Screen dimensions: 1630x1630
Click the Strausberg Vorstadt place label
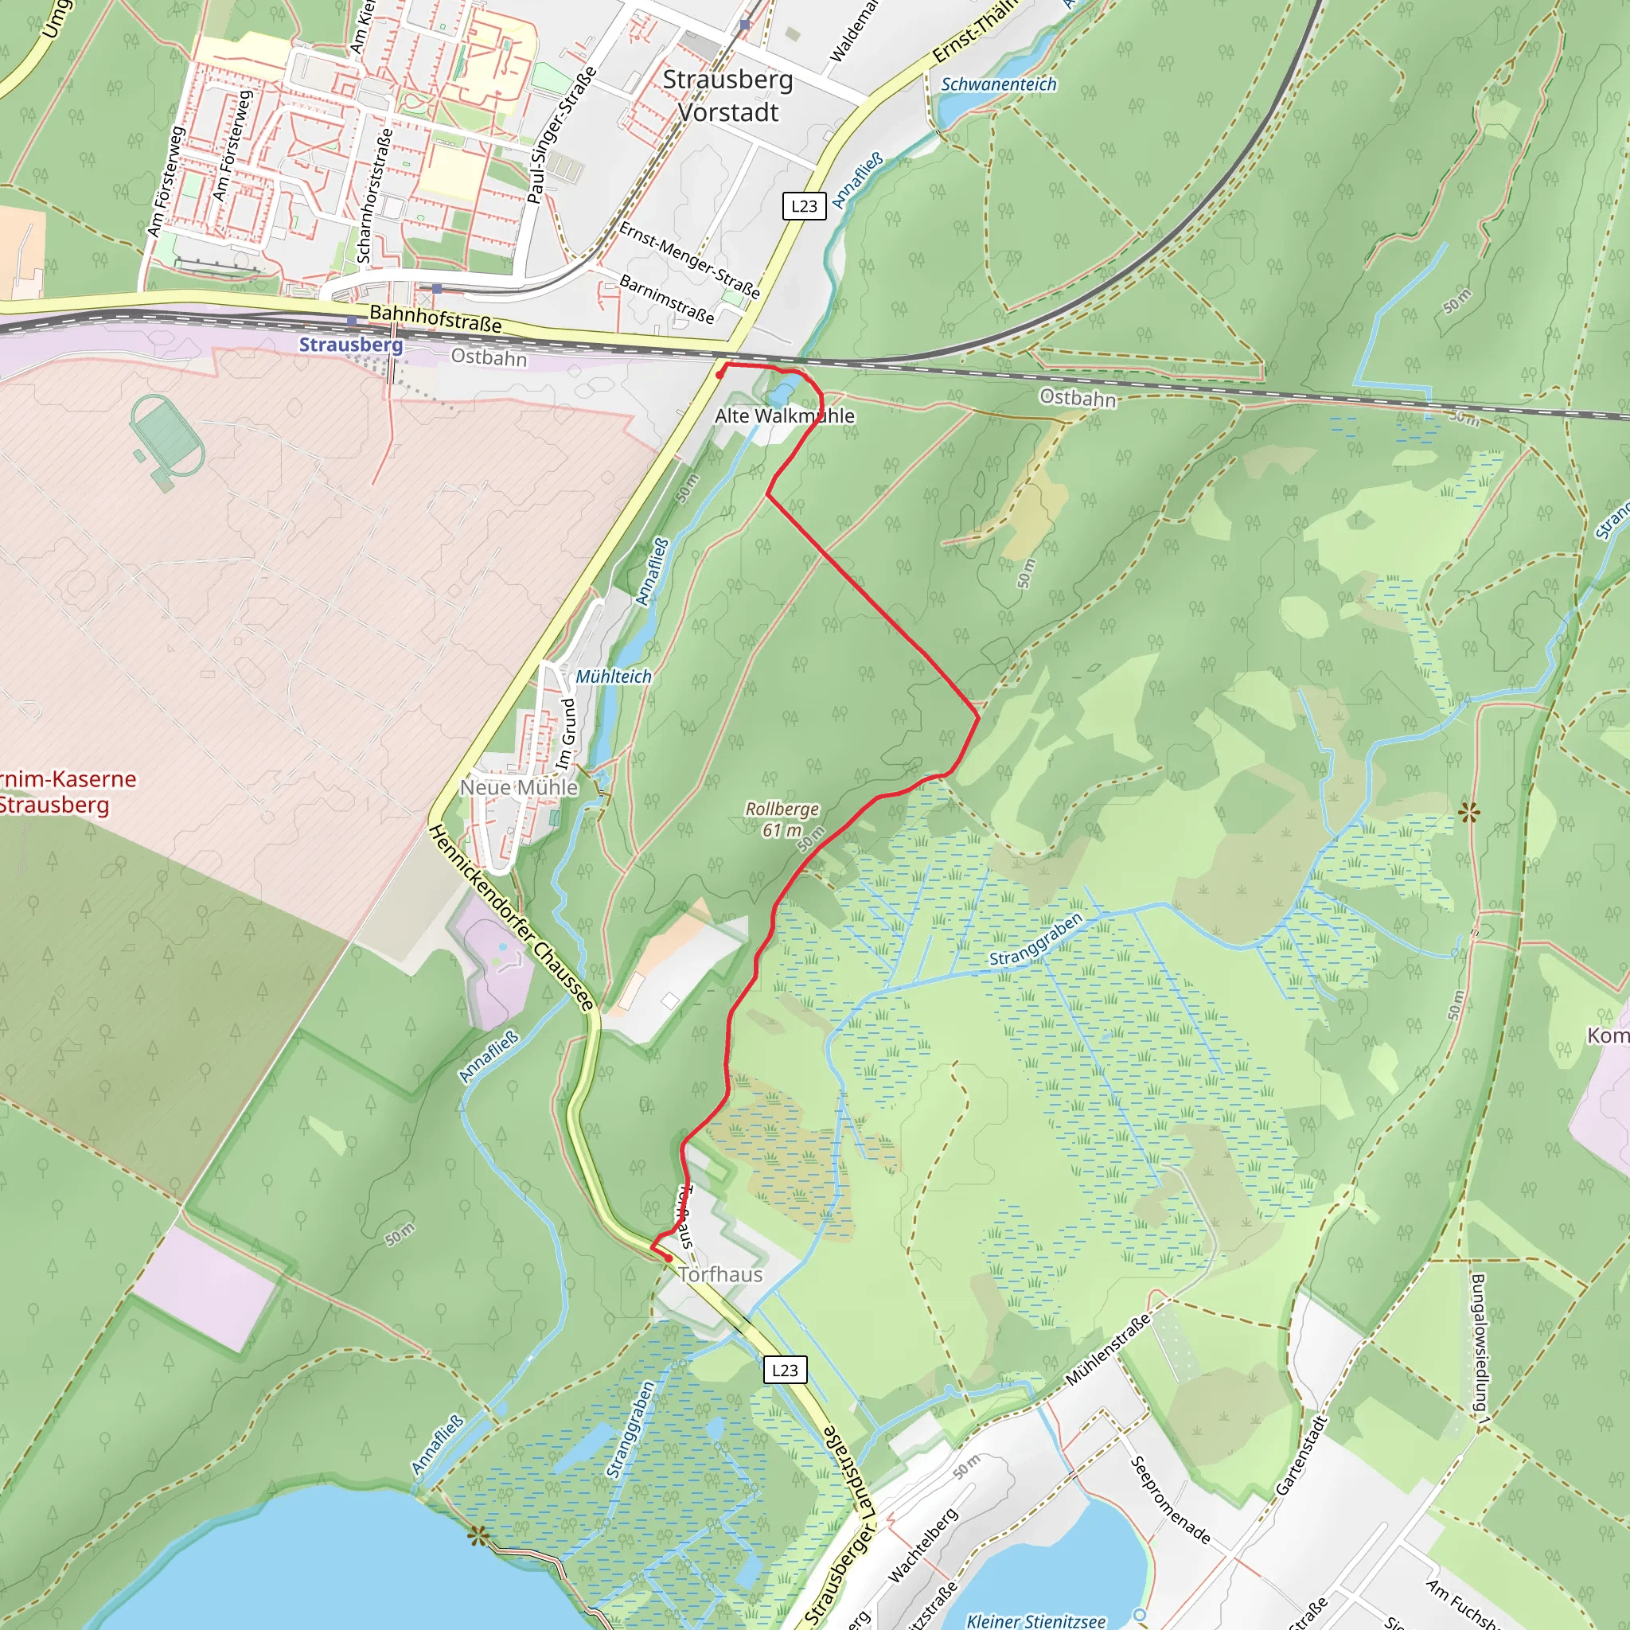click(728, 96)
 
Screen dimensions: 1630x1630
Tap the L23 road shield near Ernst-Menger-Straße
click(804, 206)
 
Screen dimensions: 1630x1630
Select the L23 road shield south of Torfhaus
click(785, 1369)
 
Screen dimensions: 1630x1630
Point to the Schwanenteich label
click(998, 84)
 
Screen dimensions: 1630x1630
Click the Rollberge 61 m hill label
click(782, 819)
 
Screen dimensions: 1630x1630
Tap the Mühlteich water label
click(614, 677)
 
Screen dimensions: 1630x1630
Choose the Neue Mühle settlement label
click(519, 787)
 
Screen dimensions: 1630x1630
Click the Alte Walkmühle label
click(784, 416)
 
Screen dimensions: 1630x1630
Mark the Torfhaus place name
click(719, 1275)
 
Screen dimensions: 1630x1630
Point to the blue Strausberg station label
click(351, 345)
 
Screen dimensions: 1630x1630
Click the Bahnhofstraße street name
click(435, 319)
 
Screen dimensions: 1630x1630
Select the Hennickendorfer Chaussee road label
click(511, 918)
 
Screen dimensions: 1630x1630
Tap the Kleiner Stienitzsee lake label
click(1035, 1620)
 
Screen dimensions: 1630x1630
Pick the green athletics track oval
click(167, 436)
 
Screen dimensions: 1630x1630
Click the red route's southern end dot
click(669, 1259)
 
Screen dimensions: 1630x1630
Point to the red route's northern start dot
click(719, 375)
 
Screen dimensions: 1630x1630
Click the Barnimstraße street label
click(666, 298)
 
